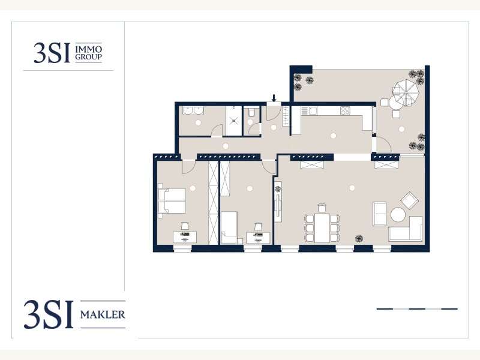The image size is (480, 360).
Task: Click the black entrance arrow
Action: click(x=274, y=98)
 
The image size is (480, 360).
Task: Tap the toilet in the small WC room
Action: click(x=251, y=112)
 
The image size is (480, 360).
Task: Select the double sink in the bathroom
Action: click(x=193, y=110)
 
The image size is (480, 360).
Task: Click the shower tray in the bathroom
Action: click(x=234, y=121)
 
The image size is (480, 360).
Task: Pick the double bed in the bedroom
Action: click(x=172, y=200)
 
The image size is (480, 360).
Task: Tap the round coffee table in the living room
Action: click(x=398, y=215)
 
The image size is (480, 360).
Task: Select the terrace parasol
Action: click(x=406, y=92)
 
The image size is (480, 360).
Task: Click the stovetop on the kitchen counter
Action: click(x=345, y=110)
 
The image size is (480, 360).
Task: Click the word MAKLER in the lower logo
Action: click(x=103, y=314)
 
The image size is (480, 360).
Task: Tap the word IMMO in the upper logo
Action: click(x=88, y=49)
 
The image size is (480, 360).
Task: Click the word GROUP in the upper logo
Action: click(x=88, y=56)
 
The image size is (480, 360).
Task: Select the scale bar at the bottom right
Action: click(x=417, y=309)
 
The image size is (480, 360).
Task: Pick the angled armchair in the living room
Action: click(x=409, y=200)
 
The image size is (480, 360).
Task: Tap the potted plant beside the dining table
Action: click(x=359, y=238)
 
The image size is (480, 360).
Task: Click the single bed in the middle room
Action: click(x=229, y=227)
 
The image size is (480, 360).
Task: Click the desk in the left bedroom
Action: click(x=185, y=237)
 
